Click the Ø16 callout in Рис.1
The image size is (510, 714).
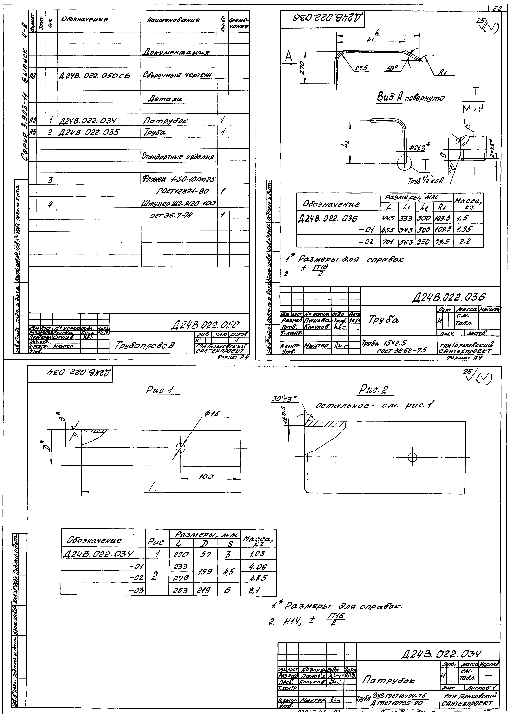point(212,414)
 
